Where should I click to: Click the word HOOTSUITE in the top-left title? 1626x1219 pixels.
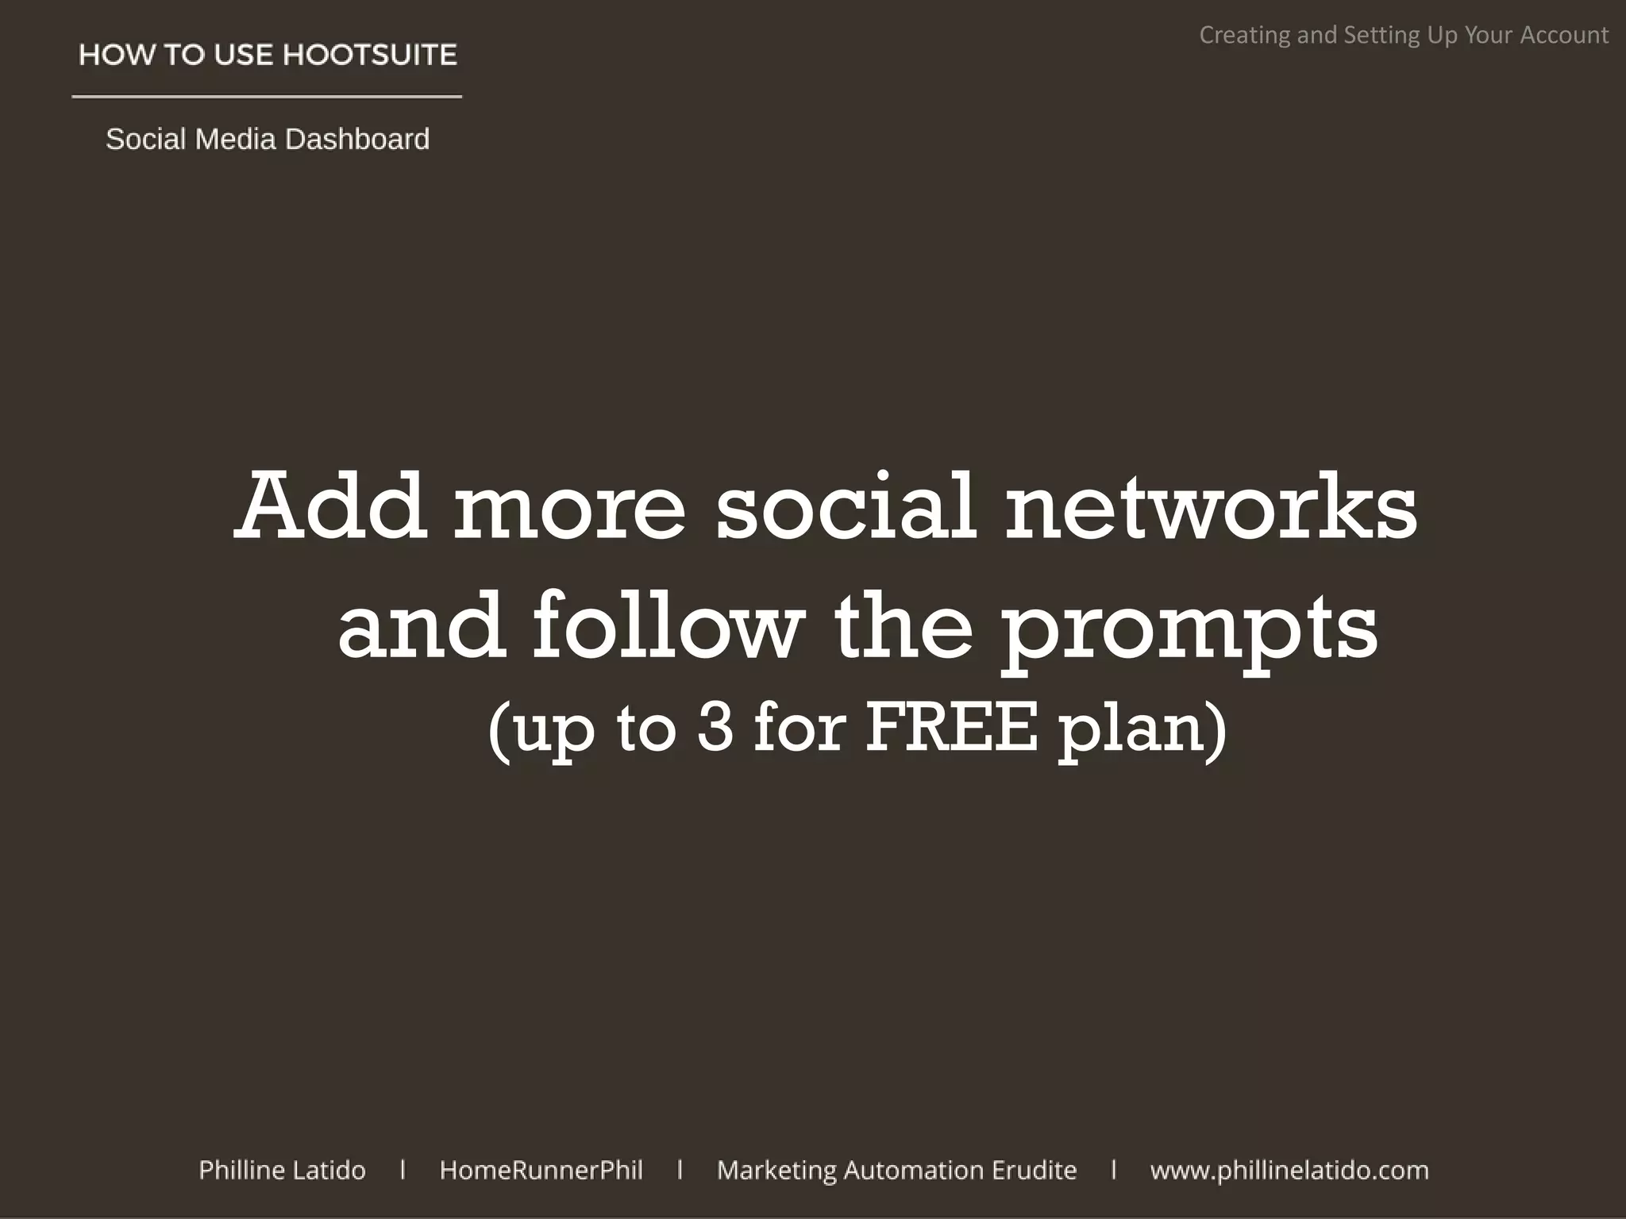pos(370,55)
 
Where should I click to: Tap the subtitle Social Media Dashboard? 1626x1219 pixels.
pos(268,139)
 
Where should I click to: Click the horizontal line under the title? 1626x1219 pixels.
pos(267,97)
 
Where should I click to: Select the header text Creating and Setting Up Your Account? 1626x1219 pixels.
pos(1403,35)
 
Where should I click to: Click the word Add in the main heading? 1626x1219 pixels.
pos(329,506)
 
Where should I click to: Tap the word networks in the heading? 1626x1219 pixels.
pos(1211,506)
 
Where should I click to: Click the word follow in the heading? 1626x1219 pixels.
pos(665,627)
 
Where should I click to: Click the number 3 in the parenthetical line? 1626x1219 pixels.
pos(715,728)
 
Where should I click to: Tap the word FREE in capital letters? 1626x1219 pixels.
pos(950,728)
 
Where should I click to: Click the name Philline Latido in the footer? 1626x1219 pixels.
pos(282,1170)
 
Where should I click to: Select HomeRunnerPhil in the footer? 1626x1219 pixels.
pos(541,1170)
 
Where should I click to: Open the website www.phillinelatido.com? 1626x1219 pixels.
pos(1289,1171)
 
